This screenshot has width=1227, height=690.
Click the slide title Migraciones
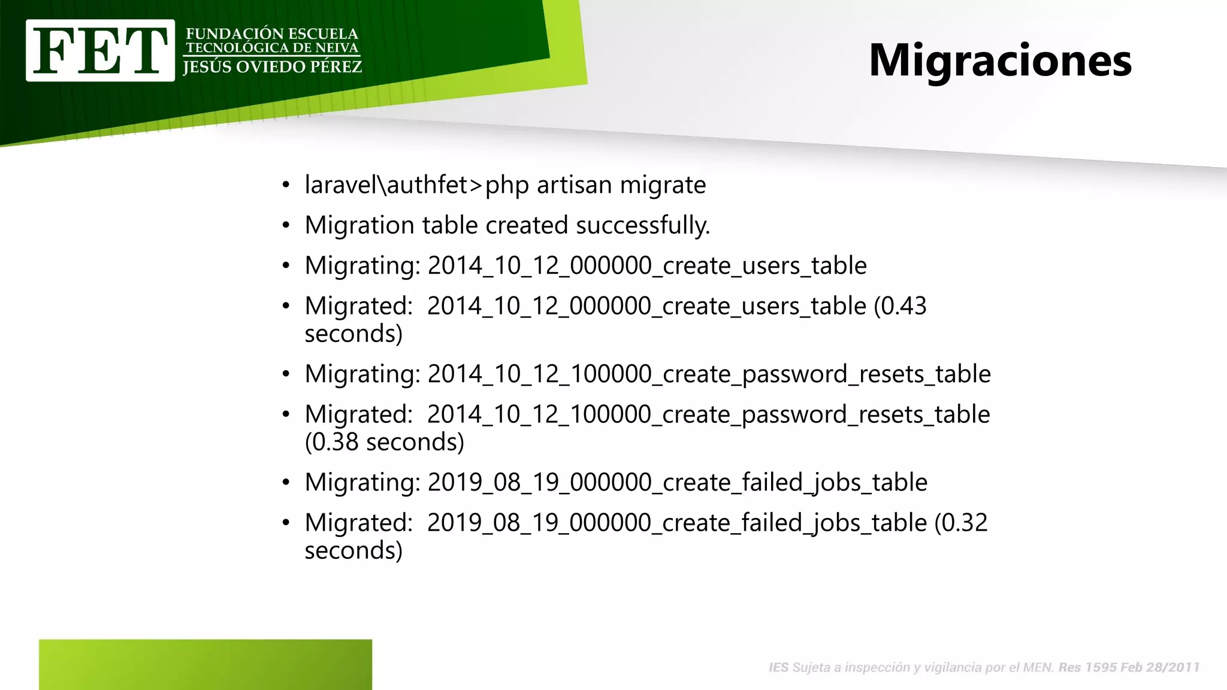click(1000, 60)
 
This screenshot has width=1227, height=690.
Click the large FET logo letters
click(100, 50)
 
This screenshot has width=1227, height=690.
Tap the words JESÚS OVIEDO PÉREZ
click(272, 67)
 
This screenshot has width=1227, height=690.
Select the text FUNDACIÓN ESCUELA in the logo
click(272, 34)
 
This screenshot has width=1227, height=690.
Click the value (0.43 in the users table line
click(900, 306)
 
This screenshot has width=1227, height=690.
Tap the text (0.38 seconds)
click(384, 442)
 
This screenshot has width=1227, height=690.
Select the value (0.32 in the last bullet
click(960, 523)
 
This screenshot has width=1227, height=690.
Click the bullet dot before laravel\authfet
click(286, 185)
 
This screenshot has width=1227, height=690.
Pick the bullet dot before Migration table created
click(286, 226)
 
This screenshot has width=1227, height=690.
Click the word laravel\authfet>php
click(416, 185)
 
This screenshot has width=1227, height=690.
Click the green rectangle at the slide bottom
click(205, 664)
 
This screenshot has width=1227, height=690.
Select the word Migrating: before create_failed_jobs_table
click(362, 483)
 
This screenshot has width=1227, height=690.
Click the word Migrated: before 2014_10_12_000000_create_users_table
click(358, 306)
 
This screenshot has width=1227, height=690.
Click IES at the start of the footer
click(778, 667)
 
